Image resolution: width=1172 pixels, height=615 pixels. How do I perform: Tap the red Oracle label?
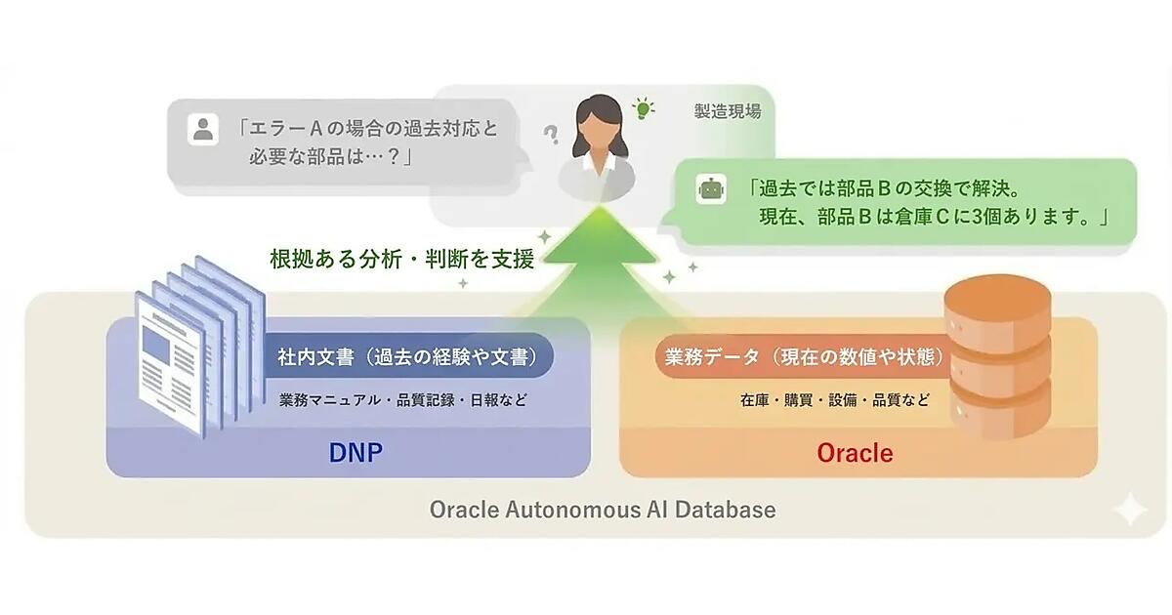pos(855,453)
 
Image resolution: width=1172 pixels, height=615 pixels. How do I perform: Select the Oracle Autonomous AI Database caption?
pos(603,510)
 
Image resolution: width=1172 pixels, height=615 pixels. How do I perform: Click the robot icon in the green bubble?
pos(710,188)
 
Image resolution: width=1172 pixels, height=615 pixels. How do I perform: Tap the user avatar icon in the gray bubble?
pos(203,129)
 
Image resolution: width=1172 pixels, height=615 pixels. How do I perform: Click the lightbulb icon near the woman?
pos(643,107)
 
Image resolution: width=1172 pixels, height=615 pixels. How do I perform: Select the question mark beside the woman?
pos(552,135)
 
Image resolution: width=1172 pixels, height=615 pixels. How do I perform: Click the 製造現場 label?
pos(727,111)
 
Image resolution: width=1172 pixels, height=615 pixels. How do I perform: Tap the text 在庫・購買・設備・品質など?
pos(834,400)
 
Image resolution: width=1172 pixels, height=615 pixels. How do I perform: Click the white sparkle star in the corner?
pos(1130,509)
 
